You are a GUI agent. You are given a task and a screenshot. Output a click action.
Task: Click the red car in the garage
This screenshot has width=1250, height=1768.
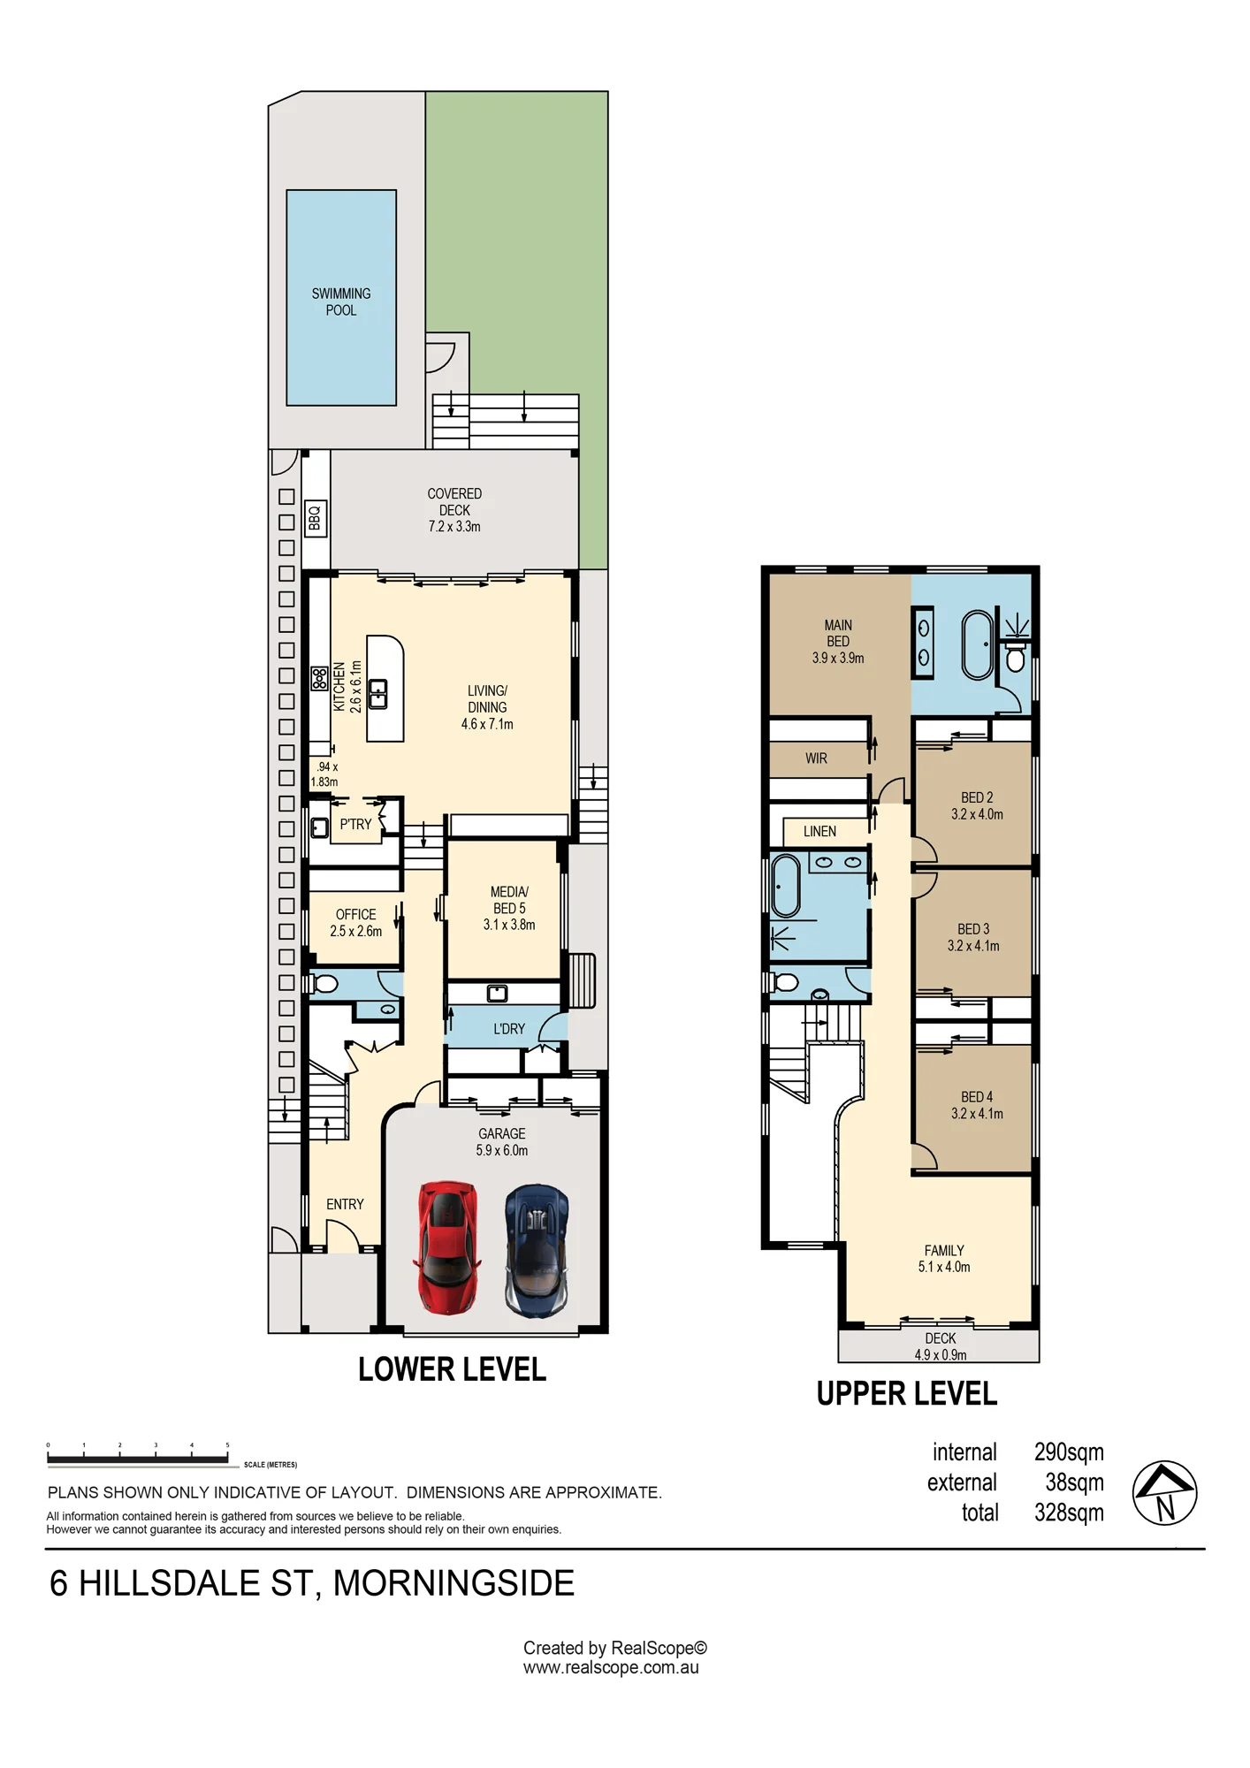coord(447,1247)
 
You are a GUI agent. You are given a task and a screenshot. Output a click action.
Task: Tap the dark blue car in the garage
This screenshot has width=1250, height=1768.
coord(537,1251)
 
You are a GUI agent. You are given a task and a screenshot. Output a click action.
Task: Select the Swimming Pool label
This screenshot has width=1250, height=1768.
coord(341,301)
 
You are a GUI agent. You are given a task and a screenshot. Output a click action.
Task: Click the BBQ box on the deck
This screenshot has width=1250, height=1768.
coord(316,518)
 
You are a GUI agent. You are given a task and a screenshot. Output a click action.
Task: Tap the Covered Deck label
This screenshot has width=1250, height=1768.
coord(454,510)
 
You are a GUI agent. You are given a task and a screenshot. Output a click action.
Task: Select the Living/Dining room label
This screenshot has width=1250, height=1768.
coord(487,707)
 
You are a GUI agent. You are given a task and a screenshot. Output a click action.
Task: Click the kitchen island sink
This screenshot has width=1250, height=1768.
coord(378,694)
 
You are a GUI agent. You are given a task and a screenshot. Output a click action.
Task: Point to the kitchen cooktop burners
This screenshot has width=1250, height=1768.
coord(319,679)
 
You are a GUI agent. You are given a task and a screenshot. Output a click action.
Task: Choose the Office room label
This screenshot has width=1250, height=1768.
coord(356,922)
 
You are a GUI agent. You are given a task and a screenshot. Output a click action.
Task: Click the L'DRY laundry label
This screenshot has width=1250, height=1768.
coord(509,1029)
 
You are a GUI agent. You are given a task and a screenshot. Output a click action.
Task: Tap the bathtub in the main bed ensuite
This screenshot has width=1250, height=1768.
coord(978,644)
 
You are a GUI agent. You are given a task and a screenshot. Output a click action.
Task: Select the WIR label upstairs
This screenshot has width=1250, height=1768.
coord(816,758)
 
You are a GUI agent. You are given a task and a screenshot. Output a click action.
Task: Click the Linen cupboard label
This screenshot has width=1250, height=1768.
coord(819,832)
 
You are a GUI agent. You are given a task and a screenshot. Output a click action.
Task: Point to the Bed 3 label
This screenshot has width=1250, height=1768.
coord(973,937)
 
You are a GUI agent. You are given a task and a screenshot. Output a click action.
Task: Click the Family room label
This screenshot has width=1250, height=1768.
coord(944,1259)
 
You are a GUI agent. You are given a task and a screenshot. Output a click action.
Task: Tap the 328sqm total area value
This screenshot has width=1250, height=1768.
coord(1069,1513)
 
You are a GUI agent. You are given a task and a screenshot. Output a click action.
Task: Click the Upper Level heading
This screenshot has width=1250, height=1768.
coord(907,1394)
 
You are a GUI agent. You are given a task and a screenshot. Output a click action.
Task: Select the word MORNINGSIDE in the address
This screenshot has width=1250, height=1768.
coord(454,1583)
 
